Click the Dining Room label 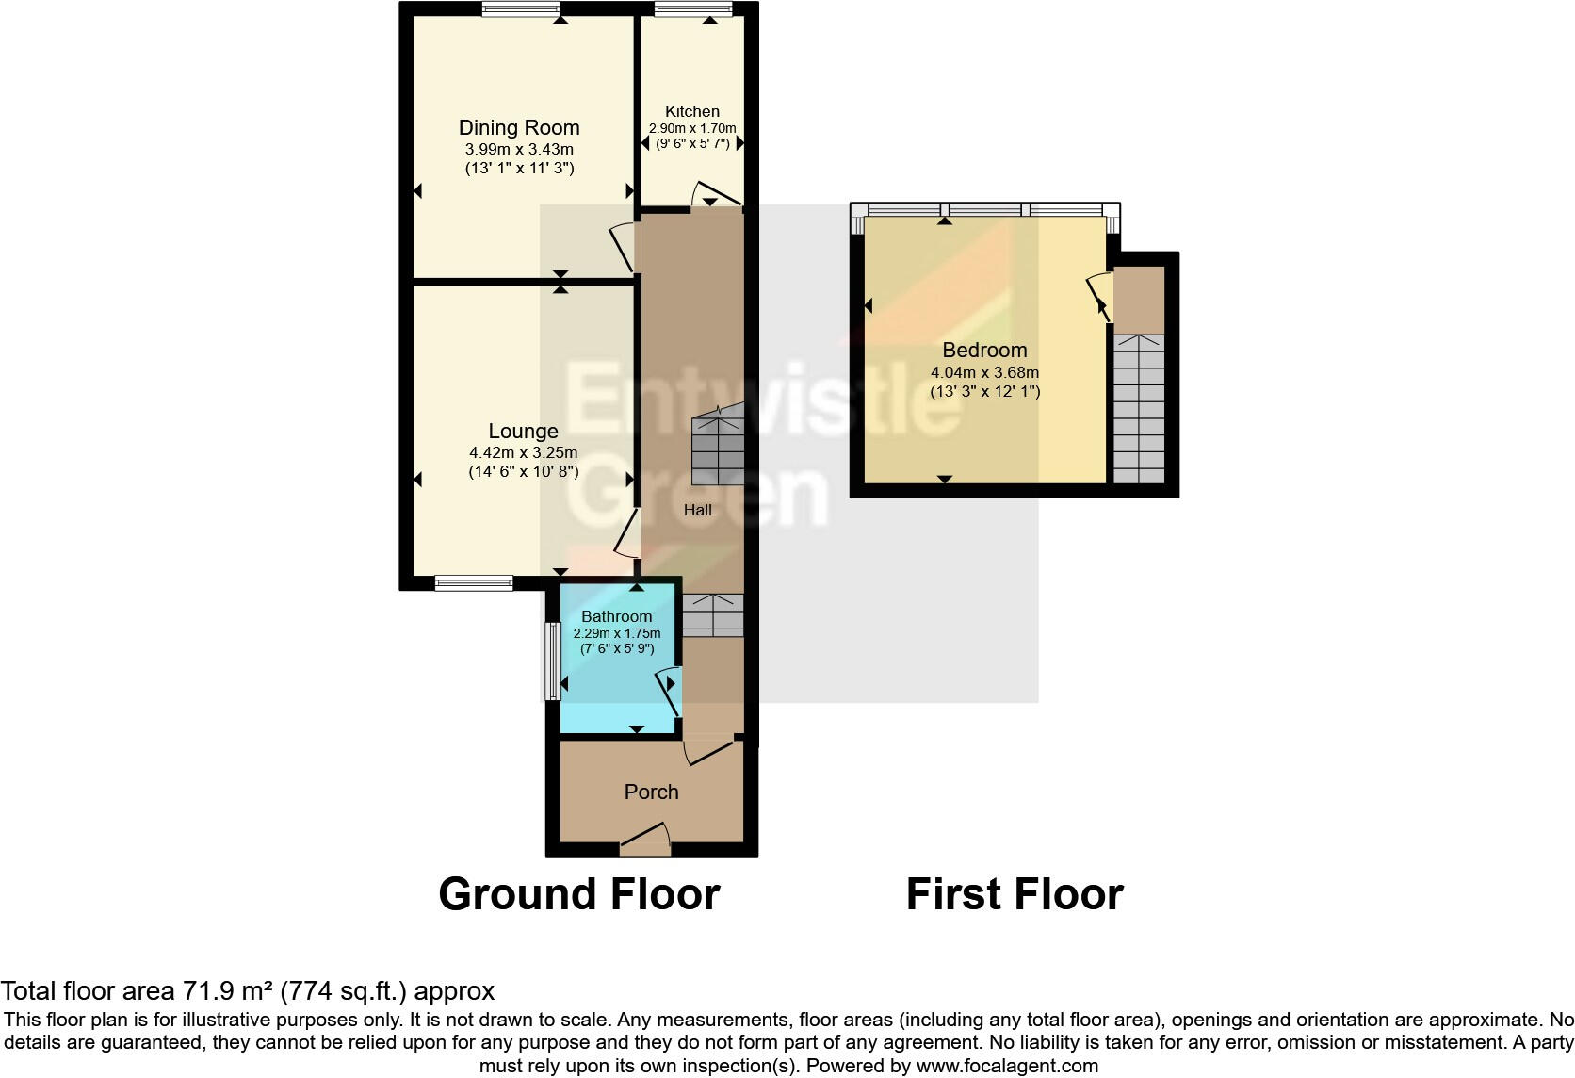[x=519, y=127]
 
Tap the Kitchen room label [x=691, y=111]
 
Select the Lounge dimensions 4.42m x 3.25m [x=523, y=452]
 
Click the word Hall [x=697, y=510]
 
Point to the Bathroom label [x=616, y=616]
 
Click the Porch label [x=651, y=792]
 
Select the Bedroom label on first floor [x=984, y=350]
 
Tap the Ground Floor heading [x=578, y=893]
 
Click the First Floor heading [x=1015, y=893]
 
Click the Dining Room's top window [x=521, y=9]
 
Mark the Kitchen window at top [x=693, y=9]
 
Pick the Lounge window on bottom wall [x=474, y=583]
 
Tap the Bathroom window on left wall [x=553, y=660]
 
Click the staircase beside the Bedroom [x=1139, y=408]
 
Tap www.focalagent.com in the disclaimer [x=1007, y=1066]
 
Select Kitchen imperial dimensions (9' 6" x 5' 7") [x=692, y=143]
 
